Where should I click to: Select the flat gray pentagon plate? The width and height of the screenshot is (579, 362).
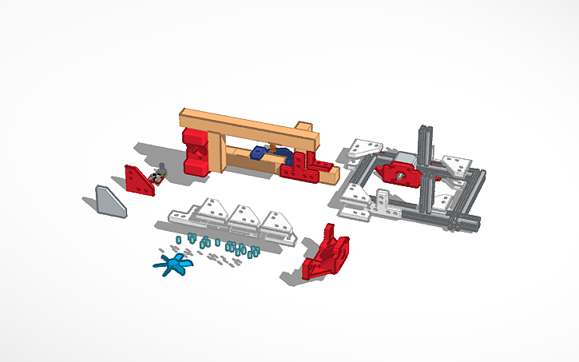coord(109,201)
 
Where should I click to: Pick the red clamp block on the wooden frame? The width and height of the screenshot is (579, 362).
coord(195,152)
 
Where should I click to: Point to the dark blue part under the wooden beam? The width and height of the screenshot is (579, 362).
coord(259,153)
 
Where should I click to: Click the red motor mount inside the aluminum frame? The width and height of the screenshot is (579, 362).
coord(399,173)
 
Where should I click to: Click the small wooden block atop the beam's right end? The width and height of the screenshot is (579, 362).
coord(303,128)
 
